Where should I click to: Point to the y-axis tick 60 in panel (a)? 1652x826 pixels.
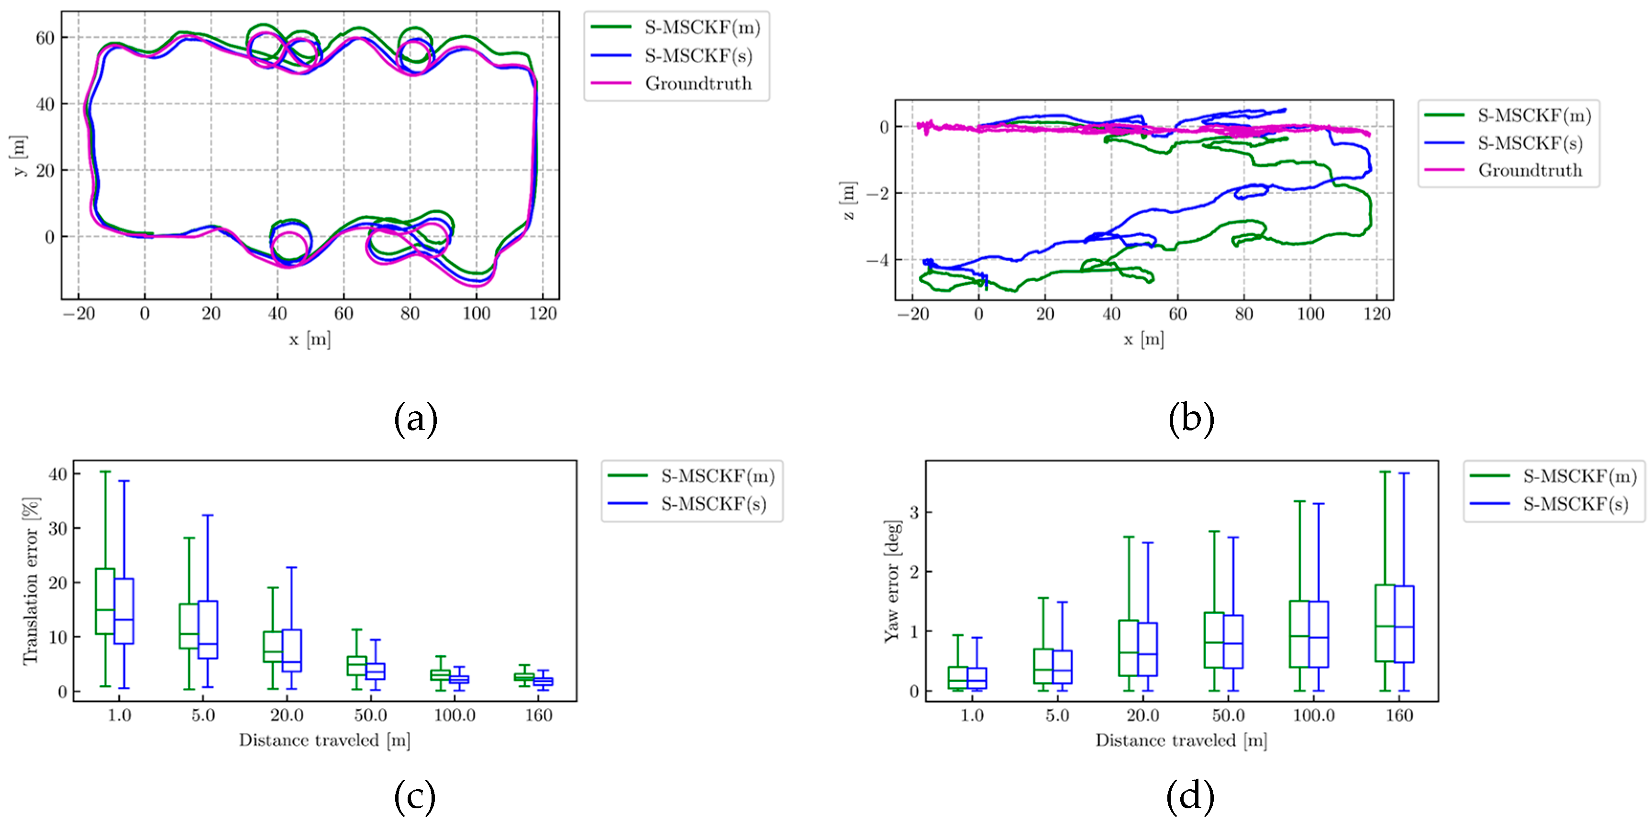[x=45, y=38]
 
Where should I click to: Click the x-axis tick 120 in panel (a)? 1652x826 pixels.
[x=543, y=314]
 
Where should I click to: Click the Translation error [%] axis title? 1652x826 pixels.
[x=31, y=580]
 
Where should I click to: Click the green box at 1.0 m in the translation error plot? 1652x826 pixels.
[x=105, y=601]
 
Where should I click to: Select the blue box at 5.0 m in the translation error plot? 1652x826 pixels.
[x=208, y=629]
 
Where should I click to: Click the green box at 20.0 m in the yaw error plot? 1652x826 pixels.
[x=1129, y=648]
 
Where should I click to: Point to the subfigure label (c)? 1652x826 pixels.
[x=415, y=796]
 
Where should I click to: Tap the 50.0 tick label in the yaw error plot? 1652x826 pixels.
[x=1228, y=715]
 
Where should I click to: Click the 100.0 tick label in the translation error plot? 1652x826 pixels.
[x=455, y=715]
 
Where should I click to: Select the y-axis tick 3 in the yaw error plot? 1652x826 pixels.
[x=914, y=512]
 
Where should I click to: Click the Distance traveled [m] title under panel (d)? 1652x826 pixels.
[x=1181, y=741]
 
